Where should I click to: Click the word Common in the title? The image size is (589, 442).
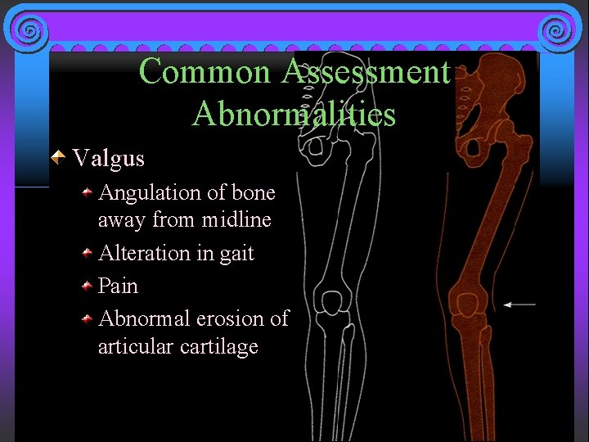click(205, 72)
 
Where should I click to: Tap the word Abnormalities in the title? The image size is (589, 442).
click(294, 114)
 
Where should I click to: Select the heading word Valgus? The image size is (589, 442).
click(109, 158)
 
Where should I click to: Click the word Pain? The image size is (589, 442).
click(118, 286)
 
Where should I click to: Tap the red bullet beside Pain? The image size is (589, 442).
click(87, 286)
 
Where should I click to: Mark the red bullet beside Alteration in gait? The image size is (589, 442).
click(87, 254)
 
